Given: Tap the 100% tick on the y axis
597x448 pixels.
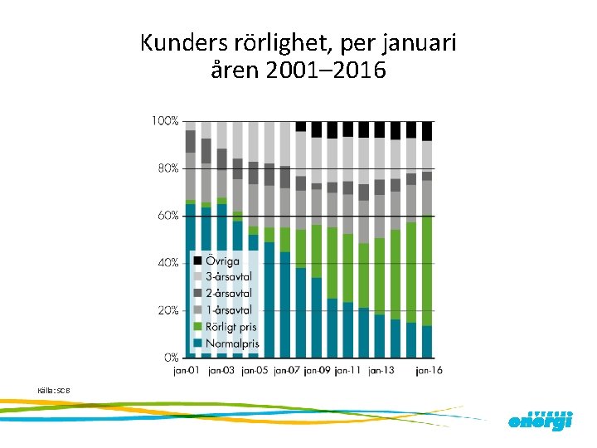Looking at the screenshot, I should (164, 121).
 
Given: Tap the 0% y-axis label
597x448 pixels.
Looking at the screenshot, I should (169, 358).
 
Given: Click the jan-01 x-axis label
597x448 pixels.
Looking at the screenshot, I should (187, 370).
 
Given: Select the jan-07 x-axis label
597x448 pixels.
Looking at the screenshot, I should (287, 370).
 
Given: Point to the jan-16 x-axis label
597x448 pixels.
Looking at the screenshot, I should (428, 370).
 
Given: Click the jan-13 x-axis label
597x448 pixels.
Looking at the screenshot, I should (381, 370).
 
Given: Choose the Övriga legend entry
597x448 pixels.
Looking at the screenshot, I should (222, 261).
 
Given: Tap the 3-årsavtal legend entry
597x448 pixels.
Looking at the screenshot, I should (228, 277).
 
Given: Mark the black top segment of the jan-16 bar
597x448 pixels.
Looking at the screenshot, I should (427, 131).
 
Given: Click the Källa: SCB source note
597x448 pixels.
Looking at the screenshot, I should (50, 389).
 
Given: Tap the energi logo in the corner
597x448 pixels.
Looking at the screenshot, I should (540, 421).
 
